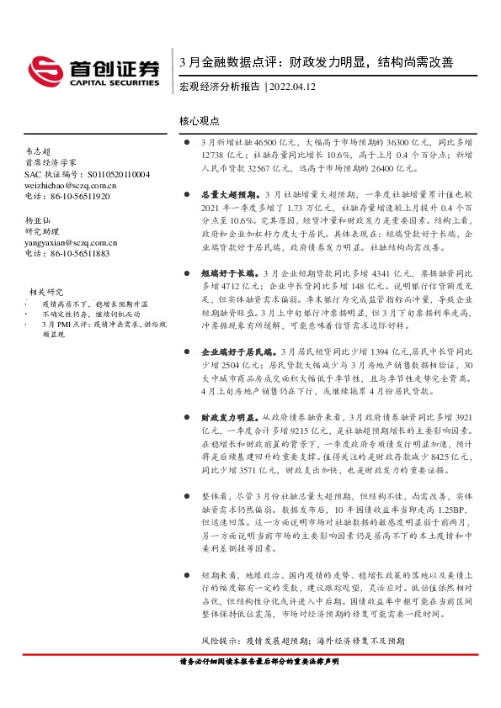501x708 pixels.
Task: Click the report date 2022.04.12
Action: [294, 87]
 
